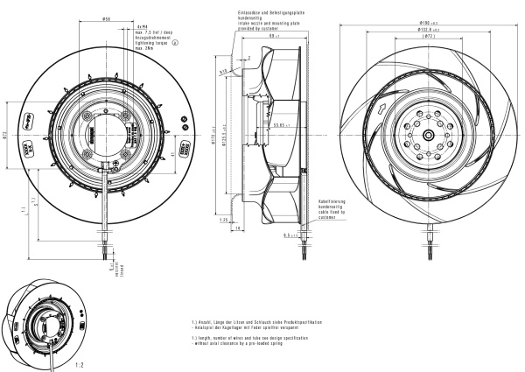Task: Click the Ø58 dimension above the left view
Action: (x=106, y=18)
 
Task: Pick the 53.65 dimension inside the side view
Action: (x=281, y=124)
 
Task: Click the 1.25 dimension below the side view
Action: (x=224, y=221)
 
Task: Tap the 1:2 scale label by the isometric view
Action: (x=80, y=361)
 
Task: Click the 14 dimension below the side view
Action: (x=236, y=228)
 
